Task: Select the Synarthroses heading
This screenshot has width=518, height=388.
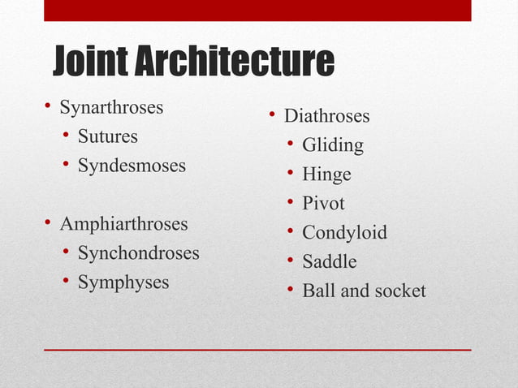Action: pyautogui.click(x=111, y=107)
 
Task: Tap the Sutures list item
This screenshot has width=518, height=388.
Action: pyautogui.click(x=107, y=136)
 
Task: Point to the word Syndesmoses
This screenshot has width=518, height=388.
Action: pyautogui.click(x=132, y=166)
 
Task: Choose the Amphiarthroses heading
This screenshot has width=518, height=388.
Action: pyautogui.click(x=123, y=224)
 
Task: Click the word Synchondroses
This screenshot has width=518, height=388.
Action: pyautogui.click(x=138, y=253)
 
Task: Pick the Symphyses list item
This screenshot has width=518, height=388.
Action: pyautogui.click(x=123, y=282)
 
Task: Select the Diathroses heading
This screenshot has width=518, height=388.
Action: pyautogui.click(x=326, y=116)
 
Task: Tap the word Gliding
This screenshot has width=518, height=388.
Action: pyautogui.click(x=333, y=146)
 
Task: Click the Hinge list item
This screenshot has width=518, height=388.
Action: pyautogui.click(x=326, y=175)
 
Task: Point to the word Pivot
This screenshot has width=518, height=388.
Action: pyautogui.click(x=323, y=204)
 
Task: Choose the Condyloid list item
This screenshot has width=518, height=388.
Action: pyautogui.click(x=344, y=233)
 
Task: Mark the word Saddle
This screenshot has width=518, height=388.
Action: pyautogui.click(x=329, y=262)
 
